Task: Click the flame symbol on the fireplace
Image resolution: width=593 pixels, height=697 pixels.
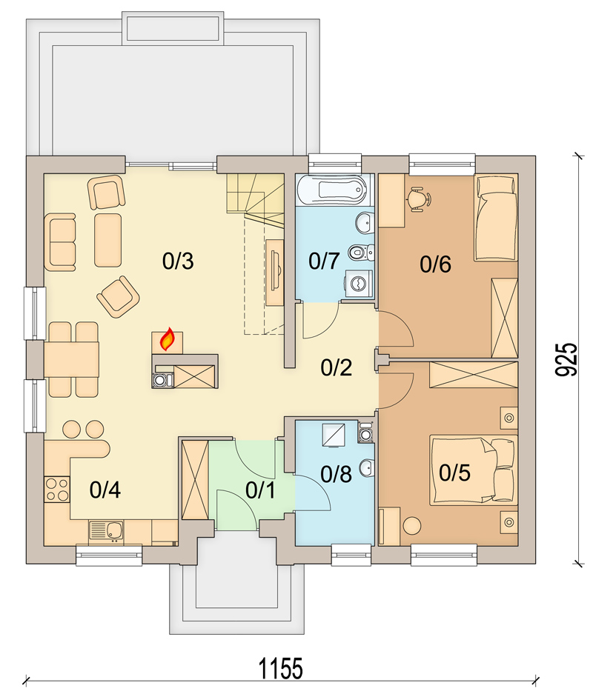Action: click(x=167, y=339)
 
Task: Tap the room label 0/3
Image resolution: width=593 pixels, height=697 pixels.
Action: click(x=178, y=261)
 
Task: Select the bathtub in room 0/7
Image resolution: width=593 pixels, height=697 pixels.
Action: click(x=335, y=190)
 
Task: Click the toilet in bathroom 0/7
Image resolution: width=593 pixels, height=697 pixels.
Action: click(x=361, y=253)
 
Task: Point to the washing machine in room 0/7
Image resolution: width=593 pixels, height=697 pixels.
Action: click(x=359, y=284)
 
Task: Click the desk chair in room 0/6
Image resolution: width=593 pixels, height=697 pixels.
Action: click(x=419, y=199)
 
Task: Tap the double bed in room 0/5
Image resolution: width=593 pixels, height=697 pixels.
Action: click(x=474, y=470)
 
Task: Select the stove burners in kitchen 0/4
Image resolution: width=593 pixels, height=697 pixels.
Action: click(x=57, y=489)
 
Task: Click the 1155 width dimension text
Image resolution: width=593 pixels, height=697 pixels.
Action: click(x=281, y=668)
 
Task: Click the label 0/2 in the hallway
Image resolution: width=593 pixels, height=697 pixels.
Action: click(x=337, y=367)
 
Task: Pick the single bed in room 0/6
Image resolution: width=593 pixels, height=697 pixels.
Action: click(x=496, y=217)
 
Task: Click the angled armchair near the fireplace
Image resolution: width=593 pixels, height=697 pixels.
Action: click(x=118, y=296)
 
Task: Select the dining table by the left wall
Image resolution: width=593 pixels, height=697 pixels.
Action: click(x=72, y=360)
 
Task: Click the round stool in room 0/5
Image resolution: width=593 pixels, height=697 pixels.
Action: click(x=412, y=525)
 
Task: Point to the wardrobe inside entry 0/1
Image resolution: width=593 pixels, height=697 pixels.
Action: click(x=195, y=479)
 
